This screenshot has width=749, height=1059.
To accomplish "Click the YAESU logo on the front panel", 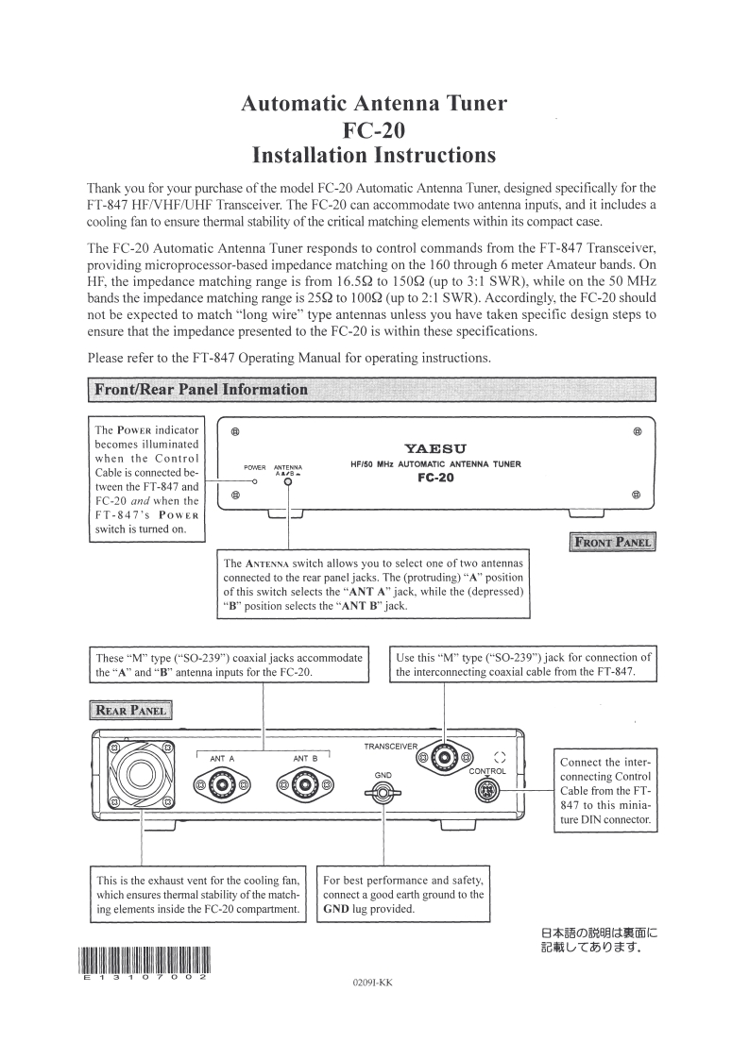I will (435, 447).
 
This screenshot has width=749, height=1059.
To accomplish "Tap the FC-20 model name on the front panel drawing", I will (435, 478).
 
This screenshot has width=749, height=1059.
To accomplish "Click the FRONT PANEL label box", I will (614, 542).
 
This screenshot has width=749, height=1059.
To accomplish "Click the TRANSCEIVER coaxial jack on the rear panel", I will (445, 757).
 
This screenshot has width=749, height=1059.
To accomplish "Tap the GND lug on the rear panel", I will (382, 793).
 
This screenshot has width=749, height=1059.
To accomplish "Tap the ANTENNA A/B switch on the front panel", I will (288, 481).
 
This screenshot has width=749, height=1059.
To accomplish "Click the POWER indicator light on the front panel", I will (255, 480).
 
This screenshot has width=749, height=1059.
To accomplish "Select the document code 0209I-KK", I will (371, 983).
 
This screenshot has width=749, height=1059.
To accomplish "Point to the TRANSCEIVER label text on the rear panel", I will (390, 747).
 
